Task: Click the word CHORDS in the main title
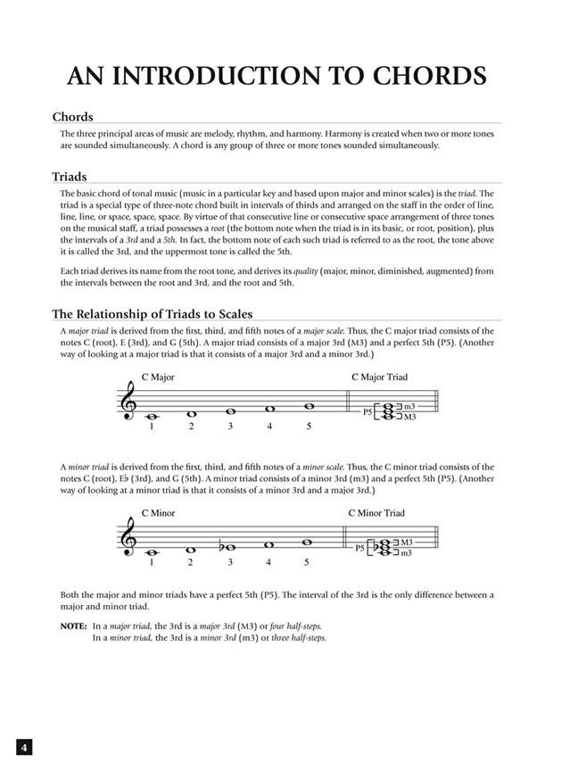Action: tap(414, 76)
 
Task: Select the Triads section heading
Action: tap(70, 177)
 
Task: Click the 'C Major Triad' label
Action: tap(379, 377)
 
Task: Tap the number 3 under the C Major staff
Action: tap(230, 427)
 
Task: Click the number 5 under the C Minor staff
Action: tap(307, 562)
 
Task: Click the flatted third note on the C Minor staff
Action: tap(227, 548)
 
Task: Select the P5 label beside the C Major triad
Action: tap(367, 412)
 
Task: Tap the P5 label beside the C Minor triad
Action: tap(360, 548)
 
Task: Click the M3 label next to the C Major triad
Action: tap(410, 417)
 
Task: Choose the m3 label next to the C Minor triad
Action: tap(407, 553)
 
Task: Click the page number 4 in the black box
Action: tap(25, 747)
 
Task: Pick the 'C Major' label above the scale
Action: tap(158, 377)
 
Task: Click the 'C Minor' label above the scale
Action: tap(158, 513)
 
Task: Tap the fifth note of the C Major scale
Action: tap(309, 406)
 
